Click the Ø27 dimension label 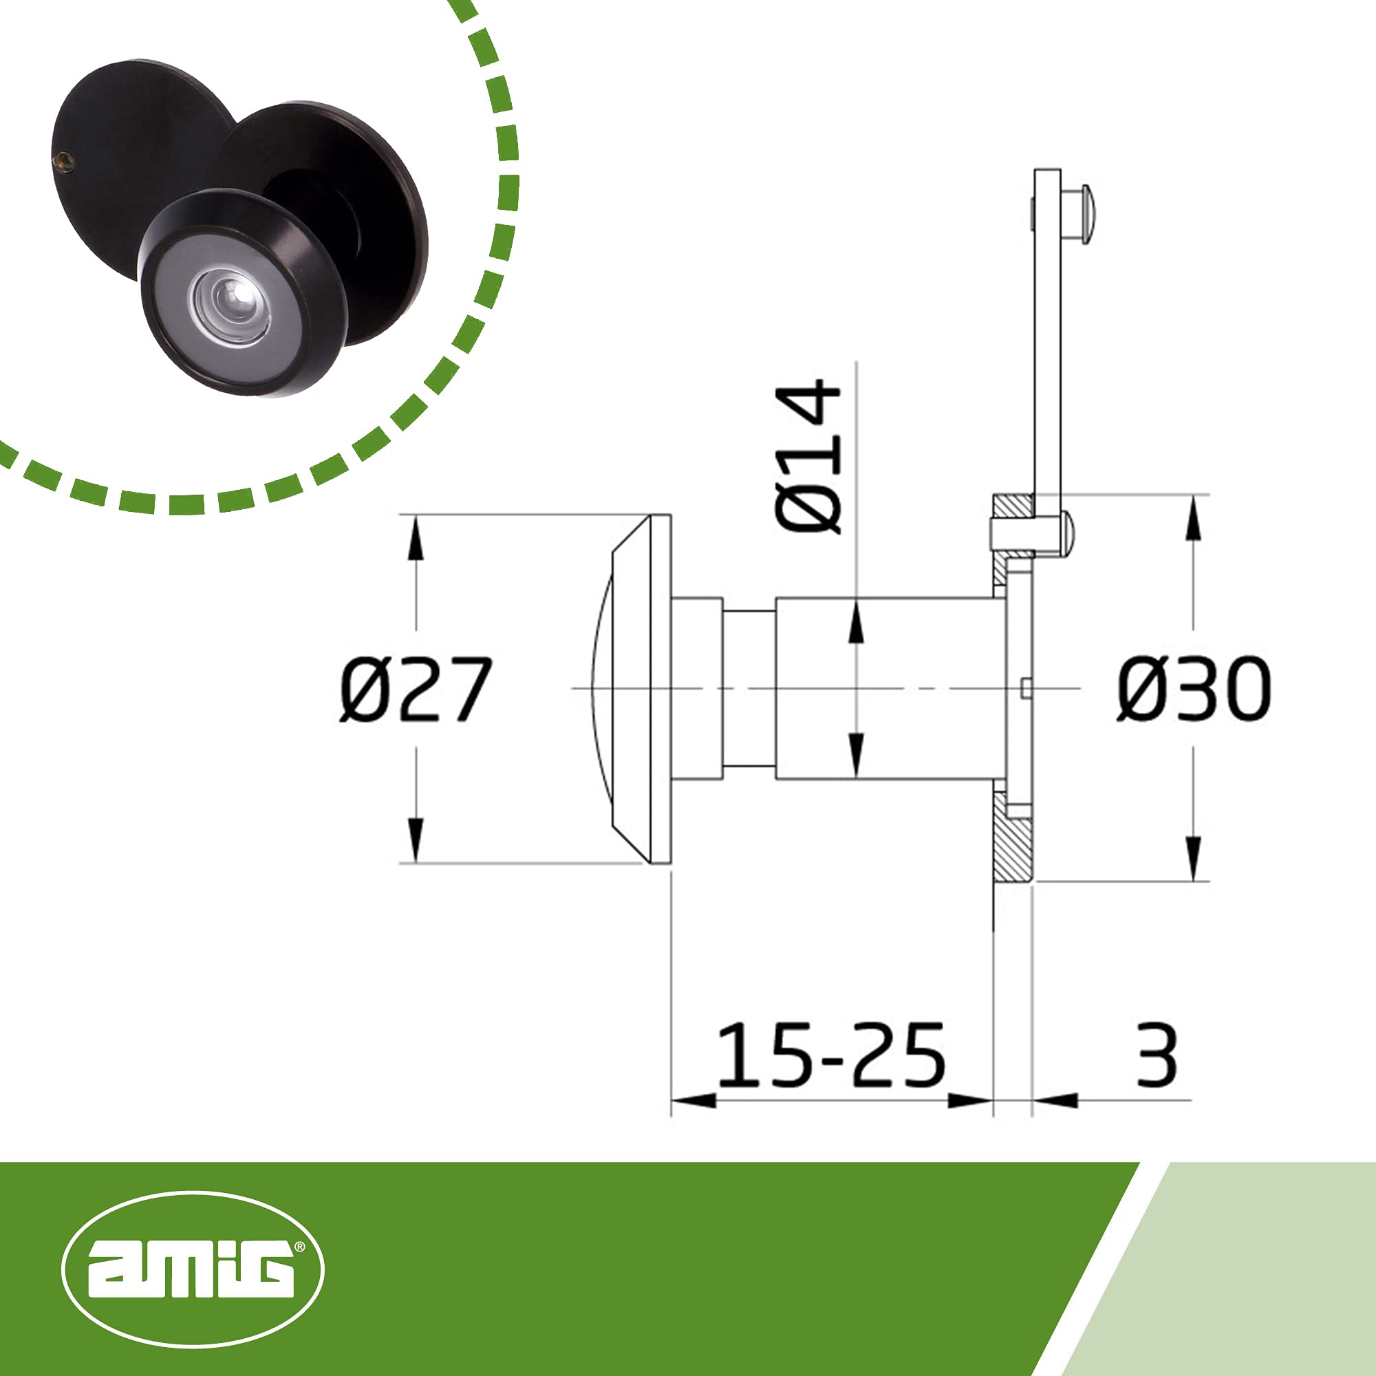coord(416,689)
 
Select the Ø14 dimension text coord(808,457)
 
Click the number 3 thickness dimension coord(1157,1055)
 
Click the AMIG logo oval coord(193,1269)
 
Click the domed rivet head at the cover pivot coord(1067,533)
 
